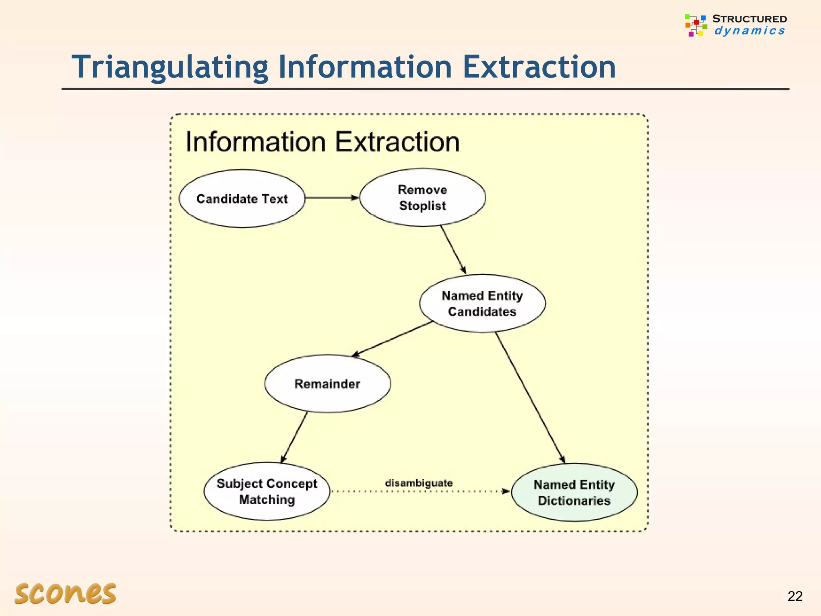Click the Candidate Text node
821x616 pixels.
(242, 199)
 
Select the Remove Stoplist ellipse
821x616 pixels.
(423, 198)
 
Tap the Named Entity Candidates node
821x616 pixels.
(482, 304)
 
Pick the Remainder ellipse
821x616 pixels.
(328, 384)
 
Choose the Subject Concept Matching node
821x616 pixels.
(267, 492)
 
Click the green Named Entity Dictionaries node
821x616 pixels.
(574, 492)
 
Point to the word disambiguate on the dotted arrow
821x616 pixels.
(419, 483)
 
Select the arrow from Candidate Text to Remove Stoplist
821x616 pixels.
(331, 198)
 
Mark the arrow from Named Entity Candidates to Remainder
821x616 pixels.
(392, 339)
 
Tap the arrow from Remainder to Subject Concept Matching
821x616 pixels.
(294, 437)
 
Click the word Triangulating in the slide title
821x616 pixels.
(170, 67)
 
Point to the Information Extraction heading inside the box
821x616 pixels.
(322, 142)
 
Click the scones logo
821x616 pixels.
(65, 593)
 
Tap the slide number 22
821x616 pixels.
(795, 596)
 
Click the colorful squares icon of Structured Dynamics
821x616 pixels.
(696, 25)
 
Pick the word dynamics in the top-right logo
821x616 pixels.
(749, 31)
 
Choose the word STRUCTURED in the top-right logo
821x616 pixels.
(749, 19)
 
